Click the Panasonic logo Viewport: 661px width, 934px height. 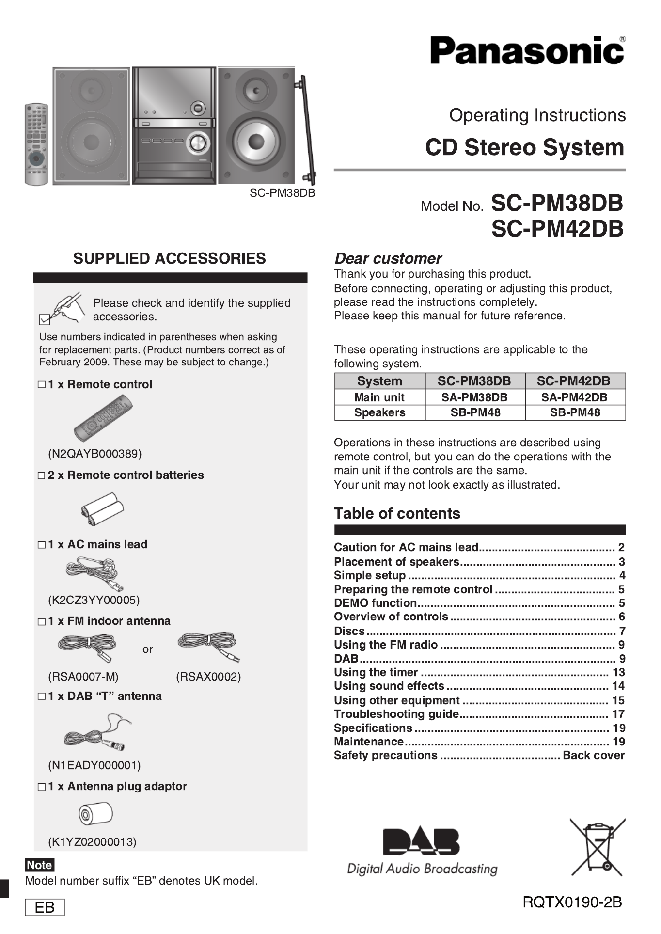coord(527,50)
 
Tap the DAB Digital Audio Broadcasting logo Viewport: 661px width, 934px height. coord(422,851)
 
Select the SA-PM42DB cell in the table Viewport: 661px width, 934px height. coord(574,397)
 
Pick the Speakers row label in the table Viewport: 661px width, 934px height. coord(379,412)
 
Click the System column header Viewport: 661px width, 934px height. coord(379,381)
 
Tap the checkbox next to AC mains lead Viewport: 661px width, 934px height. coord(42,545)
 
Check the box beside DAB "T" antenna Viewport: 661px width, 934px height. coord(42,697)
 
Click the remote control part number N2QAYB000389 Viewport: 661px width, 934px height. coord(94,454)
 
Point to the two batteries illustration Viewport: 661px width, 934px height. coord(102,508)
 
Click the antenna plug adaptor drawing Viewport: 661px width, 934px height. coord(95,813)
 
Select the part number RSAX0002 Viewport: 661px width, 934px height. coord(208,677)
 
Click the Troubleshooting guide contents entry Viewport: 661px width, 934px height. coord(396,714)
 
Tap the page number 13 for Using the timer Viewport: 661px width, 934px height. coord(618,672)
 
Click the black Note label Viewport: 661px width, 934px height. coord(39,865)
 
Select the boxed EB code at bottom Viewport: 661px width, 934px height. coord(45,907)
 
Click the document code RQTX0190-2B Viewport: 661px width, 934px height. coord(572,902)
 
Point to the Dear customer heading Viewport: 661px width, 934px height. coord(388,258)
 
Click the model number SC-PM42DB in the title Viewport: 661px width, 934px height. coord(557,229)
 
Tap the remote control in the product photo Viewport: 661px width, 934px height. coord(36,144)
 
